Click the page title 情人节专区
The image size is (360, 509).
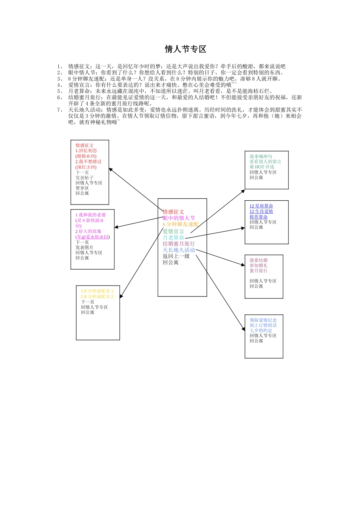click(185, 49)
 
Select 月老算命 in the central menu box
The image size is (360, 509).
click(174, 237)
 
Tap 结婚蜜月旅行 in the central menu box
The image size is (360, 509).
click(178, 244)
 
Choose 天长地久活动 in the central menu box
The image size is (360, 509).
click(178, 250)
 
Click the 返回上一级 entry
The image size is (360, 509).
click(176, 256)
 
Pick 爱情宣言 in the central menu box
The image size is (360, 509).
click(173, 231)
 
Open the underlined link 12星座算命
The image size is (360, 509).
click(261, 206)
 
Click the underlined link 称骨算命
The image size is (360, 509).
click(258, 217)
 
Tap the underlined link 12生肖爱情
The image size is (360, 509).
click(261, 211)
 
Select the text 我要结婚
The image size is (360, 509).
click(258, 260)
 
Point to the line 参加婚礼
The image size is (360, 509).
click(258, 265)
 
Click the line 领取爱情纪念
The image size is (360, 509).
click(263, 320)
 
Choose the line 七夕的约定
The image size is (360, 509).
click(261, 331)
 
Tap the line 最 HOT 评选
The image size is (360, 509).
click(261, 167)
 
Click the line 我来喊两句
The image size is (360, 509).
click(261, 156)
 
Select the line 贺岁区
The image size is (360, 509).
click(82, 188)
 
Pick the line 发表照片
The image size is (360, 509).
click(84, 248)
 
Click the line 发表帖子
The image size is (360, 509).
click(84, 178)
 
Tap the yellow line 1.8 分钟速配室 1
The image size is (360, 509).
click(97, 291)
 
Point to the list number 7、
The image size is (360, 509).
click(60, 110)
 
